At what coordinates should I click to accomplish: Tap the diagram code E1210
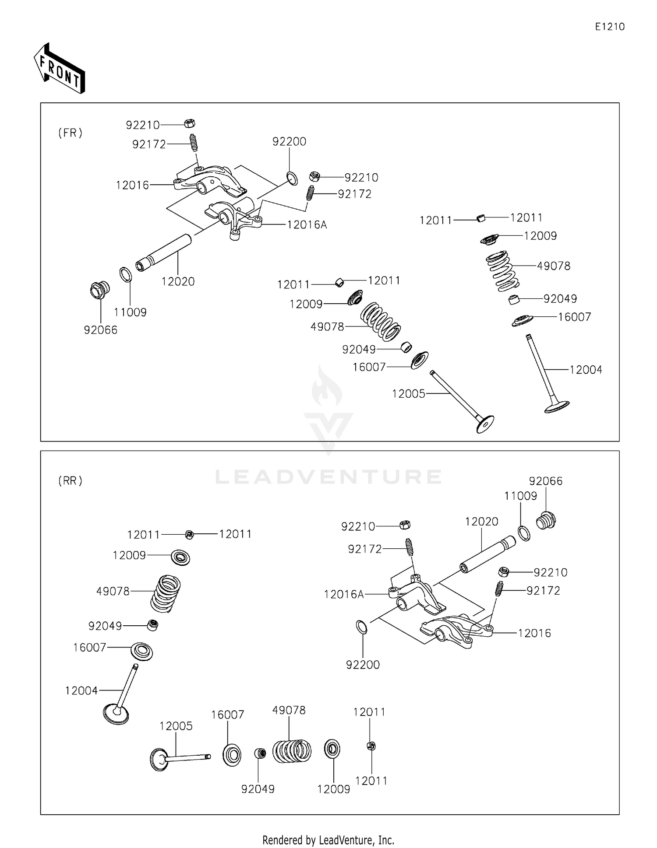point(610,27)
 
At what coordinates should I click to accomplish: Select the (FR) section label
point(70,133)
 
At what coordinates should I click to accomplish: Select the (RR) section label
point(70,481)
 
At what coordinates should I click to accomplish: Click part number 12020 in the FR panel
point(178,281)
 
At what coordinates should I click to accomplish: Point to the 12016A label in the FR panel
point(307,225)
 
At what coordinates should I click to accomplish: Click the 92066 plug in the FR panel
point(99,290)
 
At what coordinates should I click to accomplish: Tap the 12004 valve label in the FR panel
point(586,370)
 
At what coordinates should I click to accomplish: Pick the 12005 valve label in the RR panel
point(176,726)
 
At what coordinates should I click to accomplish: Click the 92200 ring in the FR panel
point(292,178)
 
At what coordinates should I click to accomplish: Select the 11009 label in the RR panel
point(520,496)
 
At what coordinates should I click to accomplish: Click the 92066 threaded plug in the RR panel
point(546,521)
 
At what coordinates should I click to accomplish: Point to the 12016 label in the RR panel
point(534,633)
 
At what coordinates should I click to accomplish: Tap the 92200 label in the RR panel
point(363,665)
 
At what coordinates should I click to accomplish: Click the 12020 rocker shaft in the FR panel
point(164,253)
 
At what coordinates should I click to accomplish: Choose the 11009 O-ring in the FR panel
point(126,275)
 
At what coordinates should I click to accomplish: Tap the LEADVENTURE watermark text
point(328,477)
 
